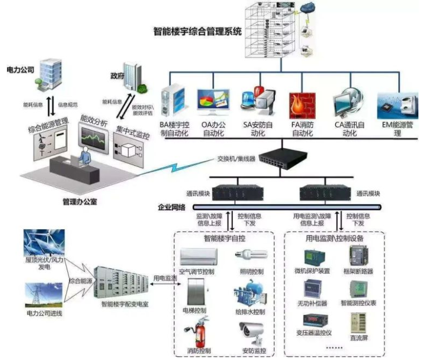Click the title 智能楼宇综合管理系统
pos(197,32)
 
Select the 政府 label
pos(117,75)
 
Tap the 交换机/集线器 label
pos(236,159)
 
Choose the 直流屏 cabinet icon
pos(358,326)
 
